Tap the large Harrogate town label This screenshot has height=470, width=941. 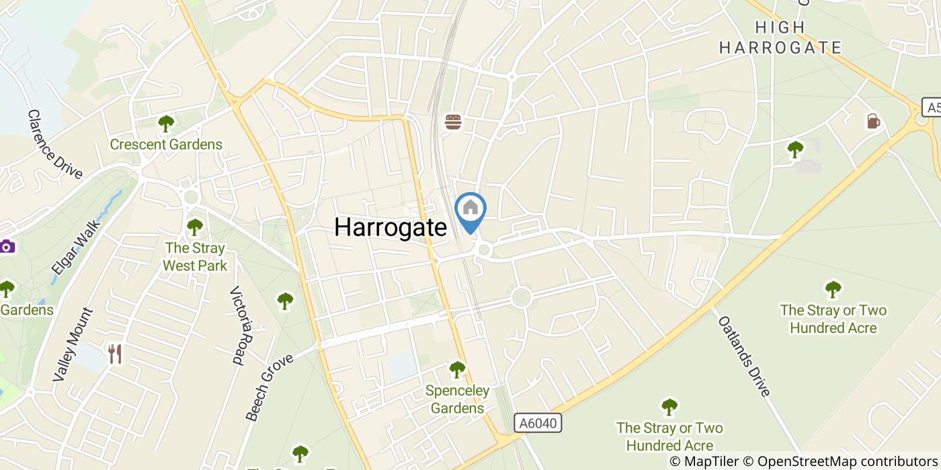(390, 227)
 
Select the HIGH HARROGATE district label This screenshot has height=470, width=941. (780, 38)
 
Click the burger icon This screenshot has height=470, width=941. (454, 122)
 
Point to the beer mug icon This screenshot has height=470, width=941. (872, 121)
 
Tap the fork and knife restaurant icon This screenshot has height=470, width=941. (116, 354)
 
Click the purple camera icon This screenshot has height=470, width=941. (7, 246)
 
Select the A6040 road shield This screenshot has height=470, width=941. (538, 422)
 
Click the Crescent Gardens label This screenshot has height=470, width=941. (165, 144)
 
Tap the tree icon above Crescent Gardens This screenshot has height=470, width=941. (165, 124)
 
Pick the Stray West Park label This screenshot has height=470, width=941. (195, 257)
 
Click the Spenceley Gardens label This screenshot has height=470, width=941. (457, 399)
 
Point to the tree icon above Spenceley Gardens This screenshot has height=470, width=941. (457, 369)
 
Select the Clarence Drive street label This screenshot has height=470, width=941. (54, 144)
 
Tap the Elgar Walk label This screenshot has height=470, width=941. (75, 248)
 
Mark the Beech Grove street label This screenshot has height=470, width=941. (270, 387)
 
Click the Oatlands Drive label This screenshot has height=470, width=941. (744, 355)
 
